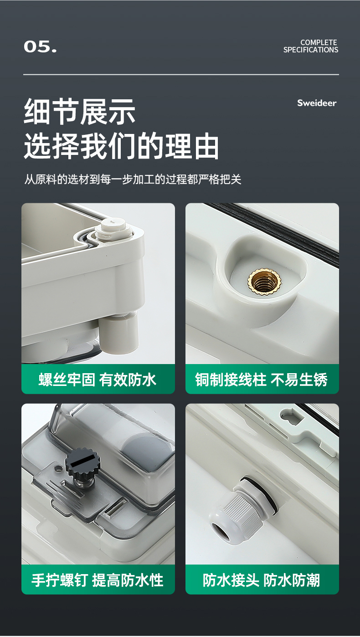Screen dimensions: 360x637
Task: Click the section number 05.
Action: pos(40,46)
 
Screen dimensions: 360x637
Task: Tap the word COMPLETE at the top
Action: pos(319,42)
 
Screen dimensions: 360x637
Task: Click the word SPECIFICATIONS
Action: pos(310,50)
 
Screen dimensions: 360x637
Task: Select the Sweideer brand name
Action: pos(317,103)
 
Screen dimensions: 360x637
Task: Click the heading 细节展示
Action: pos(80,112)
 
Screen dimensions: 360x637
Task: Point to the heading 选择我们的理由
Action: pos(121,146)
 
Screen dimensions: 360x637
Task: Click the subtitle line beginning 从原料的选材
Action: pos(133,180)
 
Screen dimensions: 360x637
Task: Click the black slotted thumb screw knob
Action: pos(82,462)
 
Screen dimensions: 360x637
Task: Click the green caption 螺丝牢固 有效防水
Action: pos(98,380)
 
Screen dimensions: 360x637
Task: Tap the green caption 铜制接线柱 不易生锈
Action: pos(262,380)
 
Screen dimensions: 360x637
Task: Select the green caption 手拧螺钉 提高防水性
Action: pos(98,580)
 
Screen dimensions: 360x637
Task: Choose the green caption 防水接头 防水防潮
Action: pos(262,580)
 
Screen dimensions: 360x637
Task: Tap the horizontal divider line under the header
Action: pos(181,75)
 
